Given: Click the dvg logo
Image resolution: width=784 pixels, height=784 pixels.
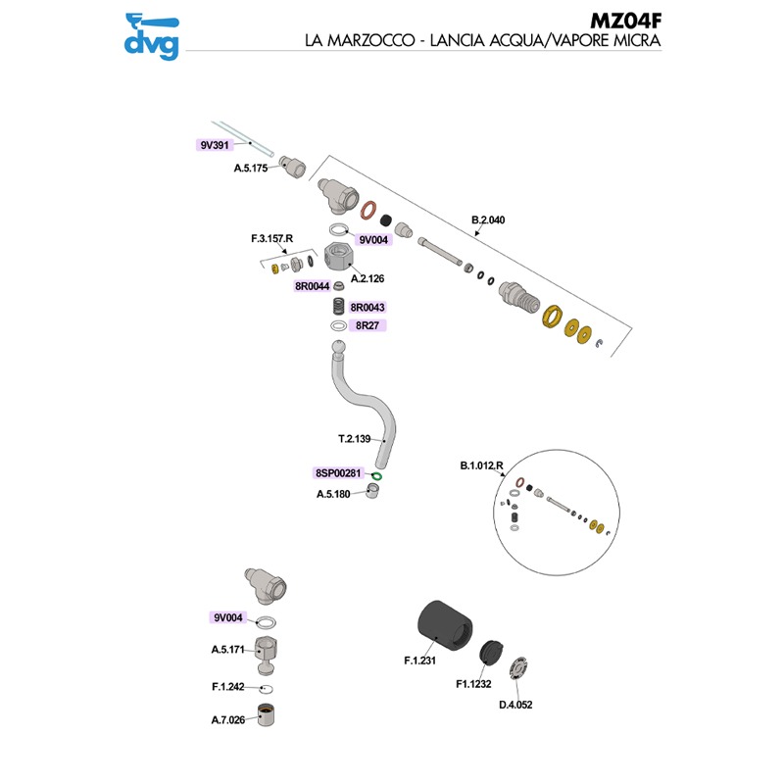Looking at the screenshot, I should [x=151, y=34].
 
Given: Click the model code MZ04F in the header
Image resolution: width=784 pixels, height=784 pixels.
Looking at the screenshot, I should [x=623, y=21].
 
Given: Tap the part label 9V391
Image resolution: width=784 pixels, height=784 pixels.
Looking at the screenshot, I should [x=215, y=145].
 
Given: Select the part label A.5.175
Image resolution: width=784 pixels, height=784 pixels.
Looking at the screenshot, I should [x=251, y=169].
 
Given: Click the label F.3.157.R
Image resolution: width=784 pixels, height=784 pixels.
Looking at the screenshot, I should [x=271, y=239].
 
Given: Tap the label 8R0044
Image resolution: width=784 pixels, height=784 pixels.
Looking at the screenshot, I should [x=312, y=287].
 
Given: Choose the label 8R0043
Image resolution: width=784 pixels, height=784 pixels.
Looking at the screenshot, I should [x=368, y=308].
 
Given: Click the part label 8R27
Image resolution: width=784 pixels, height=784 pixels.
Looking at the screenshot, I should [x=368, y=325].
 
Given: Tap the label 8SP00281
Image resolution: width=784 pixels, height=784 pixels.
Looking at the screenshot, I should [x=339, y=472].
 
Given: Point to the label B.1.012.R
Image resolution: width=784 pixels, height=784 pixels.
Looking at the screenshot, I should [x=481, y=465].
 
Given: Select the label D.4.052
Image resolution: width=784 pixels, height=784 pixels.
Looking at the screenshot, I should [x=515, y=704].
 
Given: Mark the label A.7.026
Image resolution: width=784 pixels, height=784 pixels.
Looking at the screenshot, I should [x=228, y=720].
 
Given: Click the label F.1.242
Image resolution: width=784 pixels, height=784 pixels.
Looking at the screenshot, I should [x=228, y=687].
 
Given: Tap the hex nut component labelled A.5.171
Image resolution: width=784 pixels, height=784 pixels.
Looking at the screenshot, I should [x=266, y=651].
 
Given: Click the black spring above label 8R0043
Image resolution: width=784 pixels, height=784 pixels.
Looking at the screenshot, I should [x=338, y=306].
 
